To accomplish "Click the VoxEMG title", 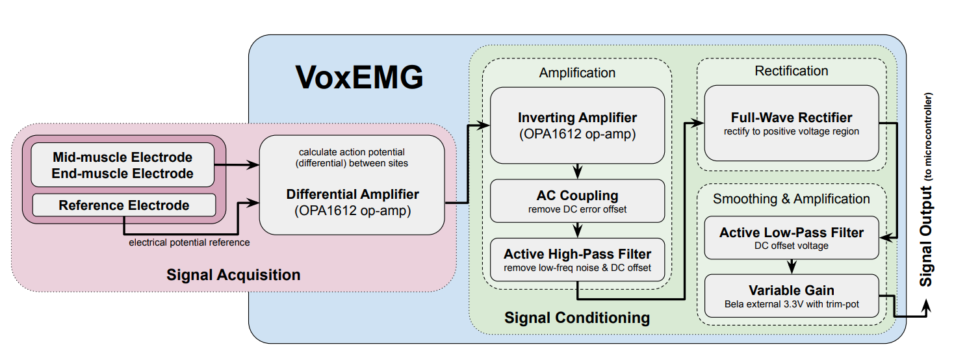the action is coord(359,77).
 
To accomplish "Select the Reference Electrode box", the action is coord(124,205).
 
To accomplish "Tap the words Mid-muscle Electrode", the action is coord(122,157).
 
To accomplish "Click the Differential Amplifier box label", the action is coord(352,194).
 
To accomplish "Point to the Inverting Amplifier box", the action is coord(577,125).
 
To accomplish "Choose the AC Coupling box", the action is coord(577,201).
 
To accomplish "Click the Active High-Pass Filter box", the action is coord(577,259).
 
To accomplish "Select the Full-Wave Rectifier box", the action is coord(792,123).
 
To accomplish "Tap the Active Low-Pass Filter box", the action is coord(792,238).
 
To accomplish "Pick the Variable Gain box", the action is coord(792,296).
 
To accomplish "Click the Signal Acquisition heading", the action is coord(233,275).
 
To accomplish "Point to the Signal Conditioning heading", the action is coord(577,318).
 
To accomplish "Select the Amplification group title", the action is coord(577,73).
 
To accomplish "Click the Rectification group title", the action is coord(792,71).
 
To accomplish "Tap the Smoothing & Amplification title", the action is coord(792,199).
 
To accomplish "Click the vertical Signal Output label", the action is coord(926,190).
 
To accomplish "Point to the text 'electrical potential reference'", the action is coord(189,242).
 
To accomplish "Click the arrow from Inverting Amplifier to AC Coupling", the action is coord(578,172).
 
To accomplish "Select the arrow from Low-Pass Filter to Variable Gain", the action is coord(792,266).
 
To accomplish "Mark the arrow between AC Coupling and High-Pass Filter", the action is coord(578,230).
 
